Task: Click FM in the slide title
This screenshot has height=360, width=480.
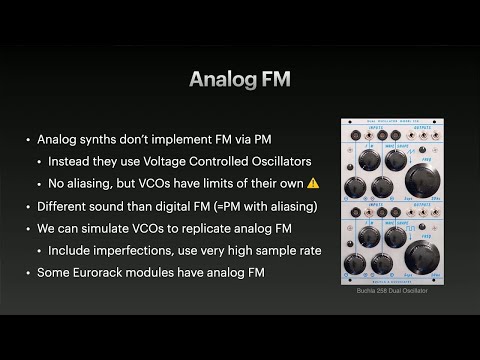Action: [x=274, y=80]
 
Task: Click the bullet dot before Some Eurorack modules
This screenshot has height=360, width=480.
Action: [x=27, y=272]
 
